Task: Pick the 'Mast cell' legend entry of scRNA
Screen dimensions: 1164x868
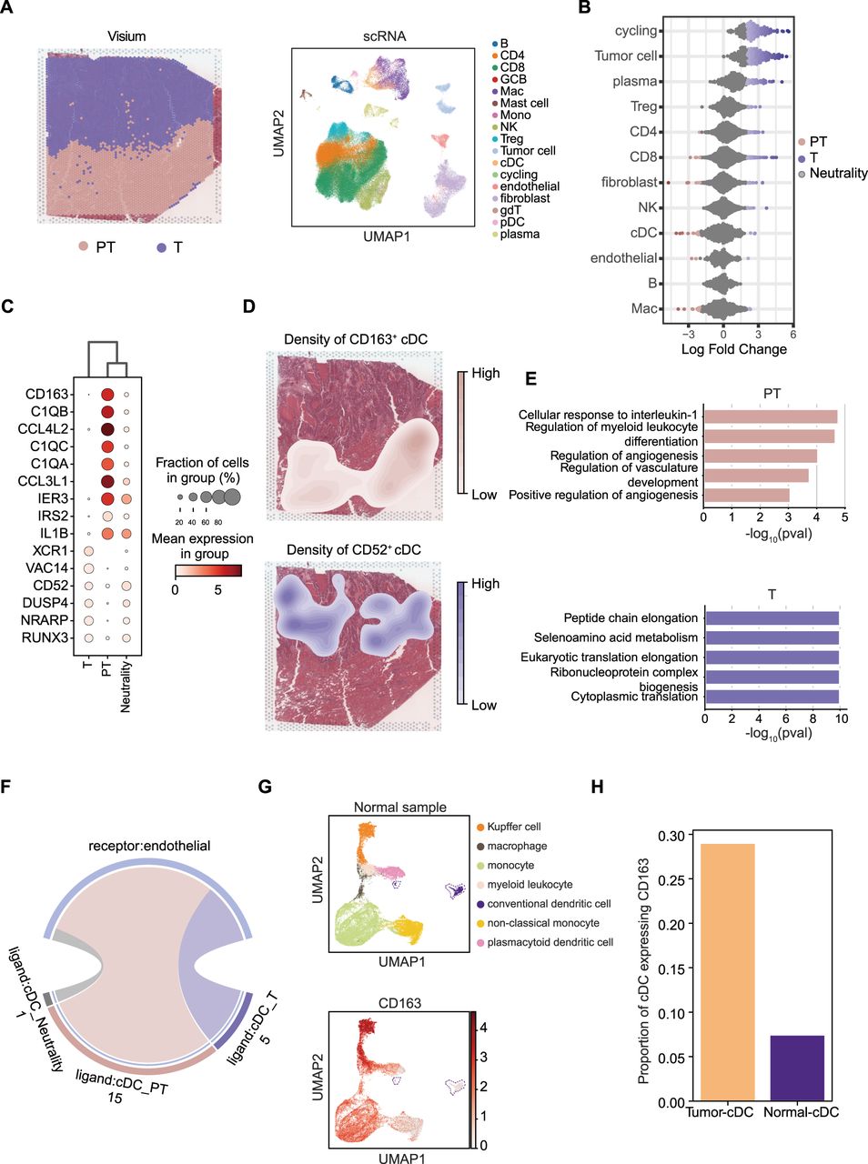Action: coord(524,104)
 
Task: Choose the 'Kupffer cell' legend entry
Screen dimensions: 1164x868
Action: coord(513,827)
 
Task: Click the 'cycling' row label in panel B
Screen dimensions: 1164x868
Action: coord(635,31)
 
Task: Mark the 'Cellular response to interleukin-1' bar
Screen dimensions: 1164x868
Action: coord(770,416)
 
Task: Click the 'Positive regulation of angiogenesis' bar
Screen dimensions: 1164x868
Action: coord(746,495)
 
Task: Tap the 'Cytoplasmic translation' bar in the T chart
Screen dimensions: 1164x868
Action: coord(771,697)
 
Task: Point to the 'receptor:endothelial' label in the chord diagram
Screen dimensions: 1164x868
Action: coord(148,846)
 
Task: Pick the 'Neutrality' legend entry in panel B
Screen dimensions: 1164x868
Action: coord(838,173)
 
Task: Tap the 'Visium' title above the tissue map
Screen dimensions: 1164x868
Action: coord(126,36)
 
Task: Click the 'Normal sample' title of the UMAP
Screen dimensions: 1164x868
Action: coord(400,807)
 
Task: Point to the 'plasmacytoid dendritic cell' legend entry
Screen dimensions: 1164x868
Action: coord(550,942)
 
